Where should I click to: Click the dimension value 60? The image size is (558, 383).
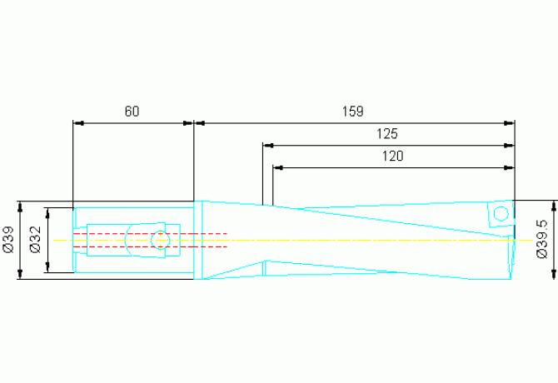pos(132,111)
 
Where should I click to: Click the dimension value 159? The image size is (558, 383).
pos(353,111)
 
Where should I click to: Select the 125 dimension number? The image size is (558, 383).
pos(387,133)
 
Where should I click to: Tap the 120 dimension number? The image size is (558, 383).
pos(393,156)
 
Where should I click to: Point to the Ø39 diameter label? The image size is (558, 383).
pos(8,240)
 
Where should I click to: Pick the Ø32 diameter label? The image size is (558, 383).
pos(35,240)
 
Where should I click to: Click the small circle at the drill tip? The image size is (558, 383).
pos(501,214)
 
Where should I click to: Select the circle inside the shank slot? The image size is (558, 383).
pos(161,240)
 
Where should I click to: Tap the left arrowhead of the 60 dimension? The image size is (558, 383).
pos(79,123)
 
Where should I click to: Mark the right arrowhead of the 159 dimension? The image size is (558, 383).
pos(509,123)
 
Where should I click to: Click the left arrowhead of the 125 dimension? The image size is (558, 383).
pos(268,145)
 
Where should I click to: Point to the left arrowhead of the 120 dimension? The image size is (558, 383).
pos(279,167)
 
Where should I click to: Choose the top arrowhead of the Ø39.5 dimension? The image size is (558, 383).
pos(553,206)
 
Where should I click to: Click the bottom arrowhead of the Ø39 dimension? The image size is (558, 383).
pos(20,274)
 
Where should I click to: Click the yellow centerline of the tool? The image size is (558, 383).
pos(333,240)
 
